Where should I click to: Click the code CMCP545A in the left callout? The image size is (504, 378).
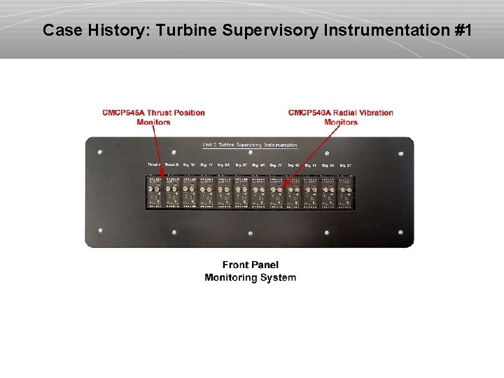[x=126, y=113]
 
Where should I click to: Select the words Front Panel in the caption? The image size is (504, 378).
[x=250, y=265]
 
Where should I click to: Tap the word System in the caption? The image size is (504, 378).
[x=278, y=277]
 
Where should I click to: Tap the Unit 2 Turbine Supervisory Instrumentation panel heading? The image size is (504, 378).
[x=250, y=145]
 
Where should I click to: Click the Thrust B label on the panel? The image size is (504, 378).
[x=171, y=165]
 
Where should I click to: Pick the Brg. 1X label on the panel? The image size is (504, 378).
[x=188, y=165]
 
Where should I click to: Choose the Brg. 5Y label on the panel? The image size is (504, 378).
[x=346, y=165]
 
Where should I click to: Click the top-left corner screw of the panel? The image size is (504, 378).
[x=101, y=152]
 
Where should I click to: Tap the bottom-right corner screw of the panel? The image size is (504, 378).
[x=400, y=232]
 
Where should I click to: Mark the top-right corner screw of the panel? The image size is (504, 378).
[x=400, y=152]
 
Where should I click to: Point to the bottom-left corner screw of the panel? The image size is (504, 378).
[x=101, y=232]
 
